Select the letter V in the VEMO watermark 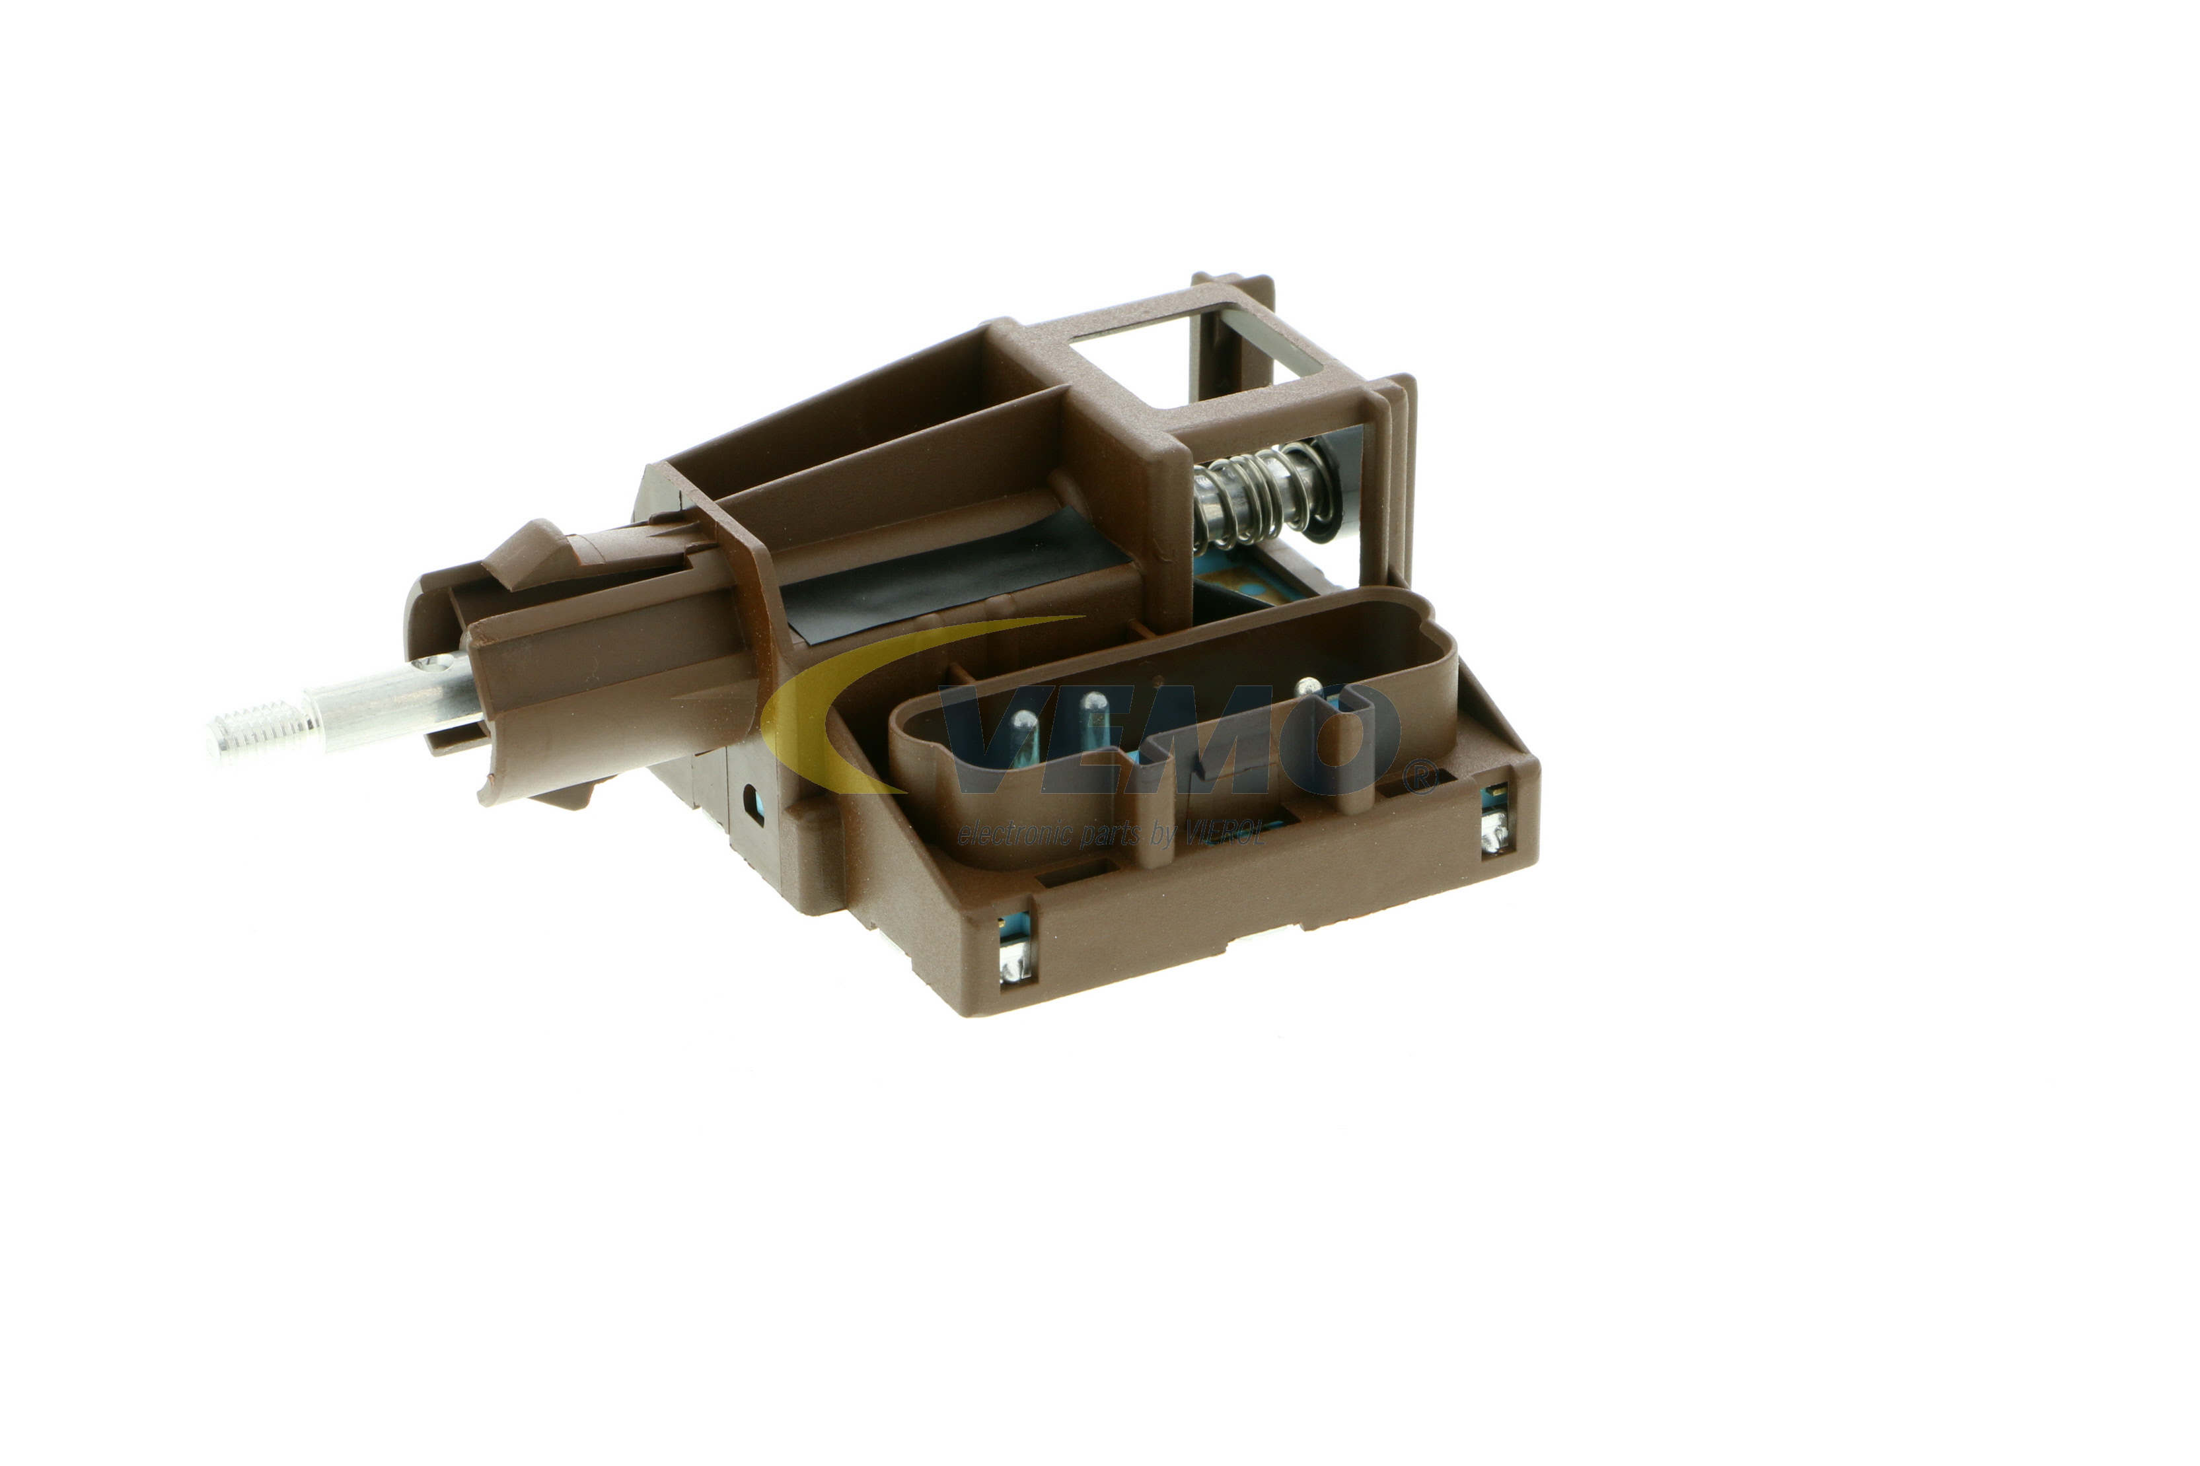[x=1001, y=738]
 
